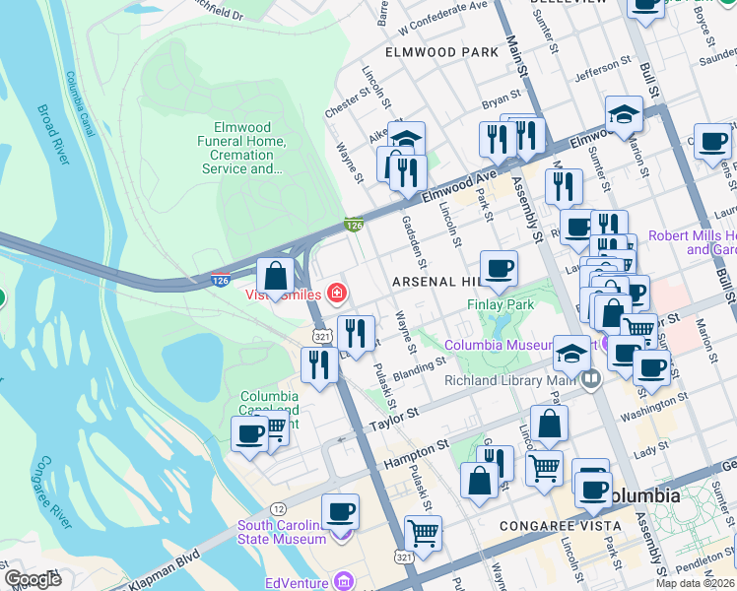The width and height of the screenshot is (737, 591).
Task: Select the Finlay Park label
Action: pos(501,305)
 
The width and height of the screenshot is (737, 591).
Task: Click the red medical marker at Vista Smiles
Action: pos(337,293)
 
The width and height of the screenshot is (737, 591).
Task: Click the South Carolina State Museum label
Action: pos(282,532)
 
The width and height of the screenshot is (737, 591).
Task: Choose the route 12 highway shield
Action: pos(281,508)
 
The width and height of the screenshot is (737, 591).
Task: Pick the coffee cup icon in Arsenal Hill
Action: pos(499,269)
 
